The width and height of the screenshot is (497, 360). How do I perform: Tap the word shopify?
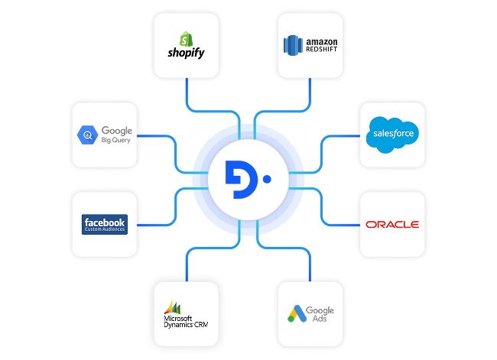[186, 53]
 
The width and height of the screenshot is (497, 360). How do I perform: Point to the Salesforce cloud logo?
[392, 134]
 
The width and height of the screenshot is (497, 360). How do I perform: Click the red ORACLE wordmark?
[392, 225]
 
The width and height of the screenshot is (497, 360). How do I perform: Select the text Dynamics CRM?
[186, 326]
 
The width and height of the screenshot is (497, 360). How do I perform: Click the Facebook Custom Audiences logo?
[105, 224]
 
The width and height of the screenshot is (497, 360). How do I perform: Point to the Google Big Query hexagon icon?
[86, 136]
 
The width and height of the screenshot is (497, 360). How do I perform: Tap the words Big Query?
[116, 141]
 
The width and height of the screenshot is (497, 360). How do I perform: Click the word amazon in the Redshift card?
[320, 42]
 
